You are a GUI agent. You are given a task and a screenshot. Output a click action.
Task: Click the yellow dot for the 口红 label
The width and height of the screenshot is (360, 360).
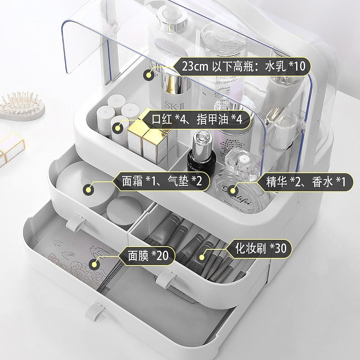pos(118,128)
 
